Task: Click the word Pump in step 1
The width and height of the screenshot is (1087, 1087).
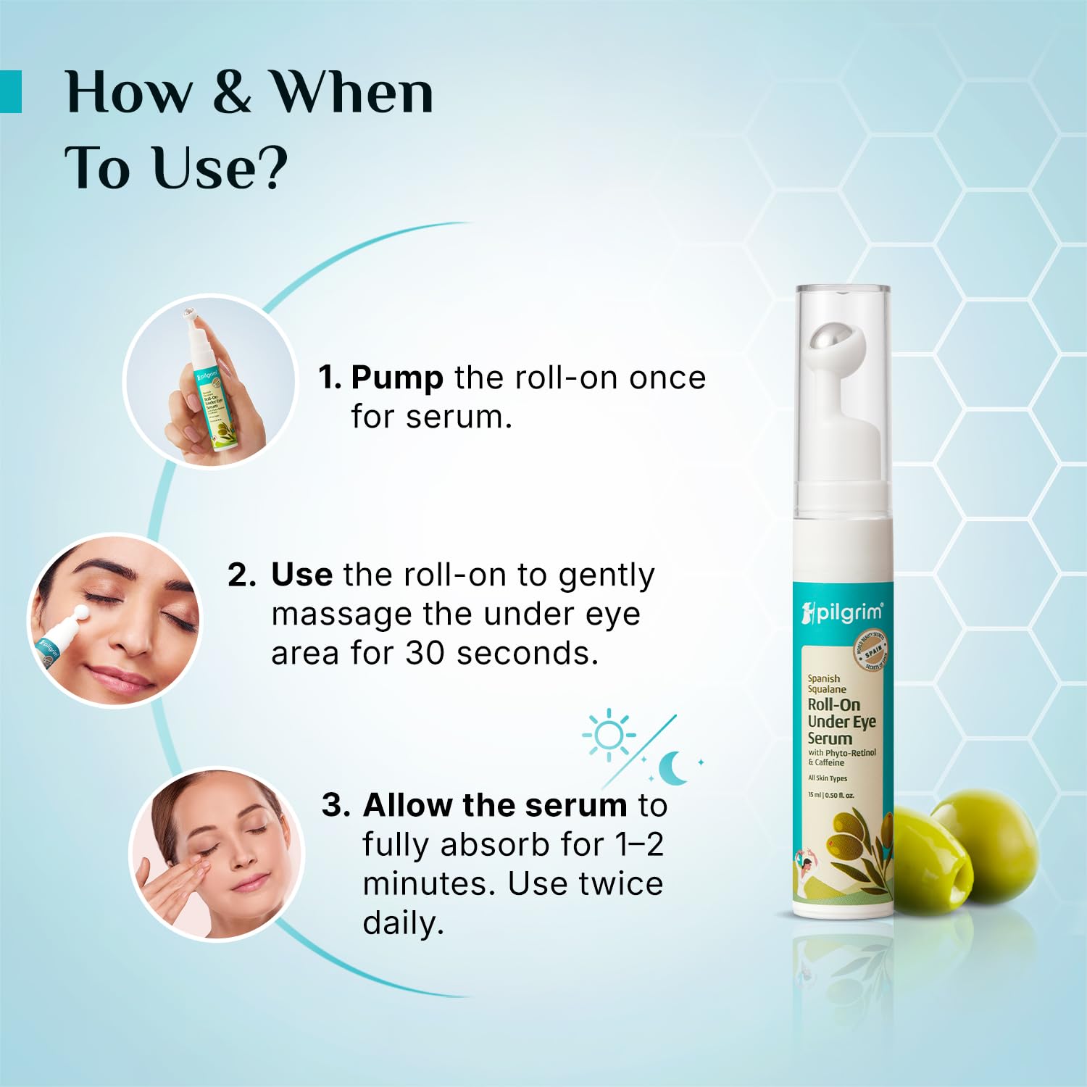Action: coord(397,378)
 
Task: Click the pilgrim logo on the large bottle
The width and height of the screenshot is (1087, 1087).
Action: coord(842,613)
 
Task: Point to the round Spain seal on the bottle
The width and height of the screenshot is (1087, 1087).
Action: coord(870,650)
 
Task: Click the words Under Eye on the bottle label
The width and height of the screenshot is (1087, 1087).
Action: coord(841,722)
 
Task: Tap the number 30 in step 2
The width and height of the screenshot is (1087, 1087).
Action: coord(425,653)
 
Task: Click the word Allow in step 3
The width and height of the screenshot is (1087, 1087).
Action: coord(407,805)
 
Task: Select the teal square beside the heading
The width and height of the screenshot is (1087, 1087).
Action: coord(11,91)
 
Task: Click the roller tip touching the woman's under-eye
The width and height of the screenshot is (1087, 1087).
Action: coord(80,615)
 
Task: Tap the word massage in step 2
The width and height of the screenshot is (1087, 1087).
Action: coord(341,615)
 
